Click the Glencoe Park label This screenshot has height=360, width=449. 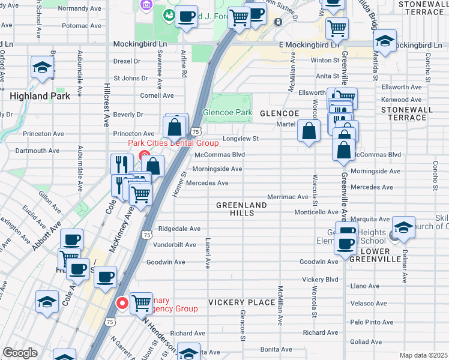(x=228, y=112)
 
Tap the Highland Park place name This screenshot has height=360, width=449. (x=40, y=96)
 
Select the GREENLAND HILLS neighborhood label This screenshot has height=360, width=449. (x=241, y=209)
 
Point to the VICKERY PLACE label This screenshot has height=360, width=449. (x=242, y=302)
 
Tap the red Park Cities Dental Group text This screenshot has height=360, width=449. (x=173, y=143)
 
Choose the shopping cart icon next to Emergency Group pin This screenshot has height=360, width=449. (x=141, y=302)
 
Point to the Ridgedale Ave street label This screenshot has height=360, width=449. (x=179, y=229)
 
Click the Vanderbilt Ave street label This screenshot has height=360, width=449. (x=175, y=245)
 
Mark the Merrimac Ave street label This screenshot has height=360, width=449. (x=288, y=197)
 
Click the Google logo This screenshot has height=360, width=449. (x=20, y=353)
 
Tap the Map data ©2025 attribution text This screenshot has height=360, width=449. (x=423, y=355)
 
